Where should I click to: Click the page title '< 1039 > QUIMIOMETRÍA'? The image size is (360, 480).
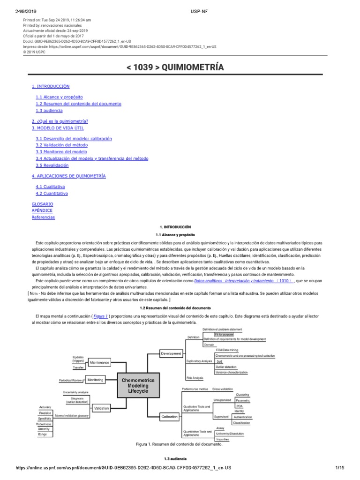pyautogui.click(x=175, y=67)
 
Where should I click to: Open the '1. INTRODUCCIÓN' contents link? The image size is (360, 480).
pyautogui.click(x=51, y=87)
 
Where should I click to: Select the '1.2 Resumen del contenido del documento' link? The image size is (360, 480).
pyautogui.click(x=78, y=104)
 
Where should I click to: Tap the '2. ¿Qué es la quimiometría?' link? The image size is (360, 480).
pyautogui.click(x=60, y=121)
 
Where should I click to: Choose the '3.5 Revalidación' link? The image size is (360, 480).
pyautogui.click(x=52, y=165)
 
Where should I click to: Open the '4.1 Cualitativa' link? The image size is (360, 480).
pyautogui.click(x=50, y=187)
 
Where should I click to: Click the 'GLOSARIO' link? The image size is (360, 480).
pyautogui.click(x=42, y=204)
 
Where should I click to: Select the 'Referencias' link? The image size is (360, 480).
pyautogui.click(x=43, y=217)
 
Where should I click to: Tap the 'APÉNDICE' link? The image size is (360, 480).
pyautogui.click(x=42, y=211)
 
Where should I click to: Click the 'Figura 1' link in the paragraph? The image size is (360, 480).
pyautogui.click(x=101, y=316)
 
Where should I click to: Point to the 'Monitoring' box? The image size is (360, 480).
pyautogui.click(x=96, y=380)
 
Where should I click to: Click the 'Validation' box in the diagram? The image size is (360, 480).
pyautogui.click(x=101, y=408)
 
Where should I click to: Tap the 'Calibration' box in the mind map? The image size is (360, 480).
pyautogui.click(x=169, y=416)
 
